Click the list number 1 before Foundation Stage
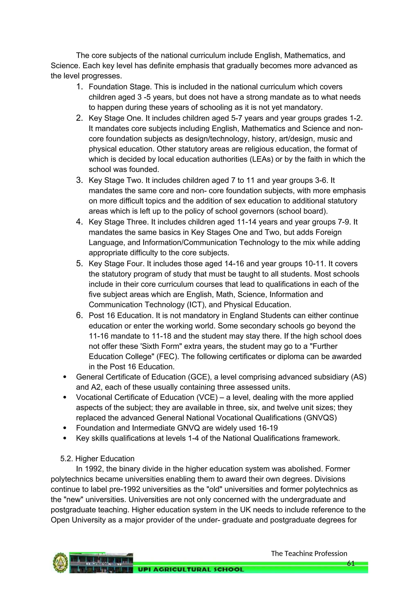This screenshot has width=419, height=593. tap(79, 87)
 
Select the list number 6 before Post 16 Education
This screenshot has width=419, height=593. tap(79, 315)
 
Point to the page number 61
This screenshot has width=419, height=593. tap(351, 563)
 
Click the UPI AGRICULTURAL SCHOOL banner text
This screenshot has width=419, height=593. tap(191, 569)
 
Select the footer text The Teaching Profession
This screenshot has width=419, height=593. tap(309, 553)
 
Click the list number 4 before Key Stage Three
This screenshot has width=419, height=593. tap(79, 222)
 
